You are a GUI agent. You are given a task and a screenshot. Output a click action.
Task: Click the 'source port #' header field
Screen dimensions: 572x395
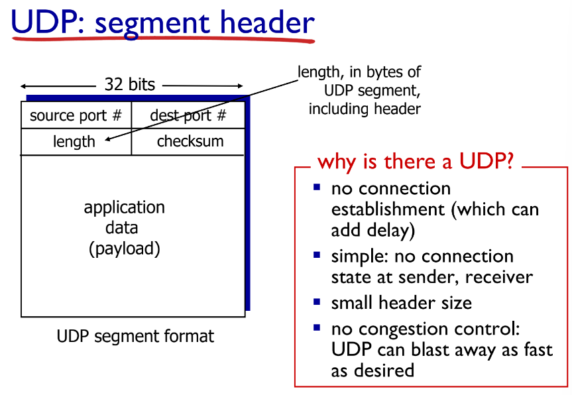(76, 115)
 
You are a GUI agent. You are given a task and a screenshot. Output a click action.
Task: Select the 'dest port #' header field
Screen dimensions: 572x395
(188, 115)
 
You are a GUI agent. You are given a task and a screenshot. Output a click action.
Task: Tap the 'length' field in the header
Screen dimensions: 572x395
(74, 141)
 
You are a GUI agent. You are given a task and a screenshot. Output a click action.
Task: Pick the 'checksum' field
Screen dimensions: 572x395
(190, 141)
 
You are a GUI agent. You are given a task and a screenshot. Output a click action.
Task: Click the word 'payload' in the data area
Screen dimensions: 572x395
(124, 249)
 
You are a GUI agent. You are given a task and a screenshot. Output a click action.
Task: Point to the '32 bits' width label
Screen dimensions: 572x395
(130, 84)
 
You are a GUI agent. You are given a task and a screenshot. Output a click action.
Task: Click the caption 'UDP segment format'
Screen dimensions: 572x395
(135, 336)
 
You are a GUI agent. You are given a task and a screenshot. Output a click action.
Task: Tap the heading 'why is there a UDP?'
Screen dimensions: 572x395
(416, 161)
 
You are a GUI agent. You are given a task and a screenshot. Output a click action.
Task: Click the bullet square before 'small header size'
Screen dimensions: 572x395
(317, 302)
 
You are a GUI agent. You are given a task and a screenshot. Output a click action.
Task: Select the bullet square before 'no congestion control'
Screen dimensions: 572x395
(317, 327)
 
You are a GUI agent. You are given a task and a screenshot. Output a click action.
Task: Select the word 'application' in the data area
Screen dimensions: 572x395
(124, 207)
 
